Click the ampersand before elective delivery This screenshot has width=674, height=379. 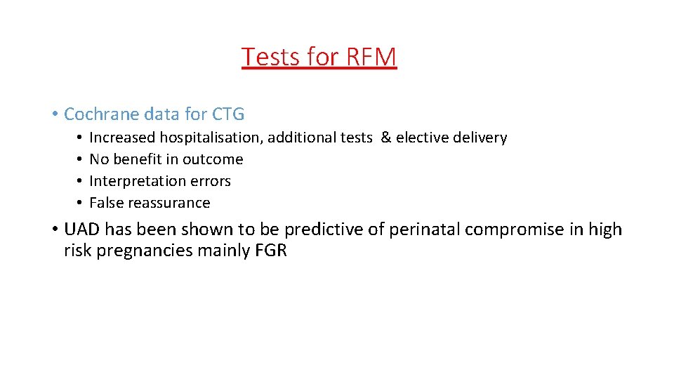[x=385, y=138]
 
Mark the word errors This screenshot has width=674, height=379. [x=209, y=181]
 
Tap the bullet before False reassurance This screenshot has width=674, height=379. [x=81, y=203]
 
